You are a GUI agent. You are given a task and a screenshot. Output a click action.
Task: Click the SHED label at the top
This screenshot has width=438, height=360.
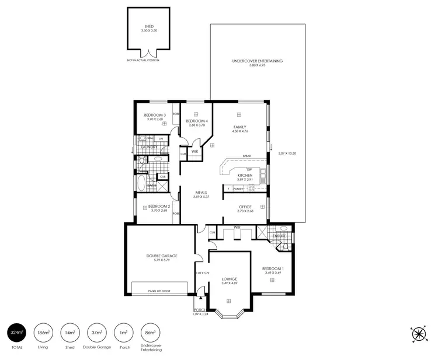tap(149, 26)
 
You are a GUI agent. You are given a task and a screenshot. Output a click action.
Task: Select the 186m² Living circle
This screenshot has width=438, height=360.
tap(43, 333)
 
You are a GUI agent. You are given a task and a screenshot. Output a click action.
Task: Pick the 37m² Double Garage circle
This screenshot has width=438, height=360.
tap(96, 333)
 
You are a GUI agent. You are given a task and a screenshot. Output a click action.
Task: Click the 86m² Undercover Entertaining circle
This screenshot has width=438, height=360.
tap(150, 333)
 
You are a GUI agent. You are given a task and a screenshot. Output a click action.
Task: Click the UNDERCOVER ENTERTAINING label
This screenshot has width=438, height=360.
tap(257, 61)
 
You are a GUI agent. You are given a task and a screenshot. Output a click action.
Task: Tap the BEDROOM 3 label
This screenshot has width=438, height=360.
tap(155, 115)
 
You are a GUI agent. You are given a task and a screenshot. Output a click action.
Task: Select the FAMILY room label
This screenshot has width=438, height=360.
tap(239, 127)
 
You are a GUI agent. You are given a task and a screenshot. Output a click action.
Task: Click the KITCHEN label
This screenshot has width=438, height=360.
tap(244, 175)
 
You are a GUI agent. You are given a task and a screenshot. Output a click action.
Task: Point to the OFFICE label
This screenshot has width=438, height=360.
tap(245, 207)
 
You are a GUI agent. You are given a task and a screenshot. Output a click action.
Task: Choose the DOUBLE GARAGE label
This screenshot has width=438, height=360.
tap(162, 256)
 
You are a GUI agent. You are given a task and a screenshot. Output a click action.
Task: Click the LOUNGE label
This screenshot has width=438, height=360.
tap(228, 279)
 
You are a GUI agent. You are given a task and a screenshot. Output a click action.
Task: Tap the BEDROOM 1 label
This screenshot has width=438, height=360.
tap(272, 268)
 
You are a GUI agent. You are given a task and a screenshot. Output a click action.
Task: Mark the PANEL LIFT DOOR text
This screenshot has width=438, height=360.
tap(159, 291)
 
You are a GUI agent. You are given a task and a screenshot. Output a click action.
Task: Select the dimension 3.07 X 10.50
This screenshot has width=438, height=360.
tap(287, 153)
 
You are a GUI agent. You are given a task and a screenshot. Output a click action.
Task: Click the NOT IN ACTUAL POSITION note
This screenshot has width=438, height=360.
tap(143, 60)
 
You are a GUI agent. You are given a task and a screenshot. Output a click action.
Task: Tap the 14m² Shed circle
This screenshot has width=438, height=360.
tap(69, 333)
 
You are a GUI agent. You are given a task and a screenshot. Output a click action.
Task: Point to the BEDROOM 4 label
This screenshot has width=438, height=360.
tap(196, 121)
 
